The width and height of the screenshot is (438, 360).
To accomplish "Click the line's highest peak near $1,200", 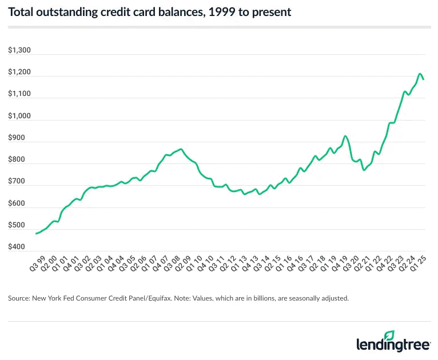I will click(x=420, y=74).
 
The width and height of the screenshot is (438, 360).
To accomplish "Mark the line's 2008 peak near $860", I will click(x=181, y=149).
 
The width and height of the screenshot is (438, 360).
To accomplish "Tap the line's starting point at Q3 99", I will click(x=37, y=233).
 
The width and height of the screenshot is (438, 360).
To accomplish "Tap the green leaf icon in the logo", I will click(x=389, y=335).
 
